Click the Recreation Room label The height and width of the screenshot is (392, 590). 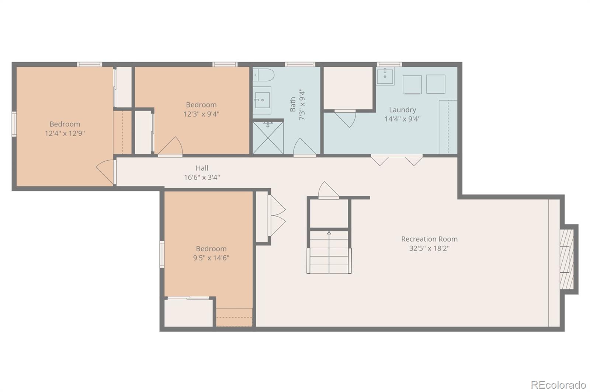pos(429,239)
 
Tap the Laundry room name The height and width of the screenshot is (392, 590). pos(402,110)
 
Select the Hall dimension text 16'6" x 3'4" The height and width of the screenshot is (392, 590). pos(202,177)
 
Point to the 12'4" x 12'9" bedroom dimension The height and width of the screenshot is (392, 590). pos(65,133)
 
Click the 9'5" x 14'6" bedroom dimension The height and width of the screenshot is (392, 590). pos(211,258)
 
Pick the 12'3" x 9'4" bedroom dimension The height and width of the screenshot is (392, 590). pos(201,114)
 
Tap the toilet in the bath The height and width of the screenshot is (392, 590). pos(263,75)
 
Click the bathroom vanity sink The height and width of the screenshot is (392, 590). pos(262,100)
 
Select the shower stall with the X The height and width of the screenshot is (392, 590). pos(268,137)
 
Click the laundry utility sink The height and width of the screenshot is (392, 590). pos(385,76)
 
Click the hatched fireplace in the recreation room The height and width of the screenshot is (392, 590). pos(566,259)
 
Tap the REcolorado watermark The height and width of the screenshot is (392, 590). pos(558,385)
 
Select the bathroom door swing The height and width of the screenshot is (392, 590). pos(305,146)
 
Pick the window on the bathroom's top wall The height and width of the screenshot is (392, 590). pos(300,64)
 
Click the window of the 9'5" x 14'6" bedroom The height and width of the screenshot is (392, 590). pos(162,255)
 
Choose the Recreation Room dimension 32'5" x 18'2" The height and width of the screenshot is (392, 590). pos(429,248)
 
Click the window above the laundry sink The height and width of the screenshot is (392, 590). pos(389,64)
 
